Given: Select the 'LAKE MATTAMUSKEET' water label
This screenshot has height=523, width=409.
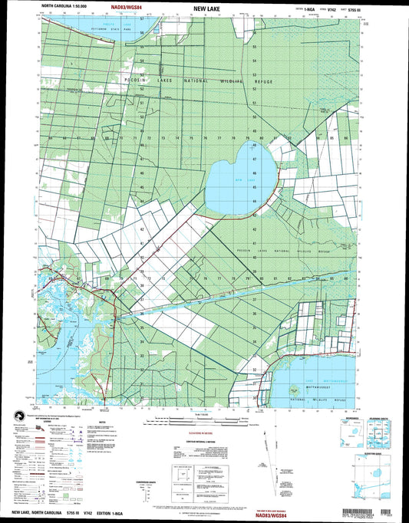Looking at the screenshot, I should [314, 382].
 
